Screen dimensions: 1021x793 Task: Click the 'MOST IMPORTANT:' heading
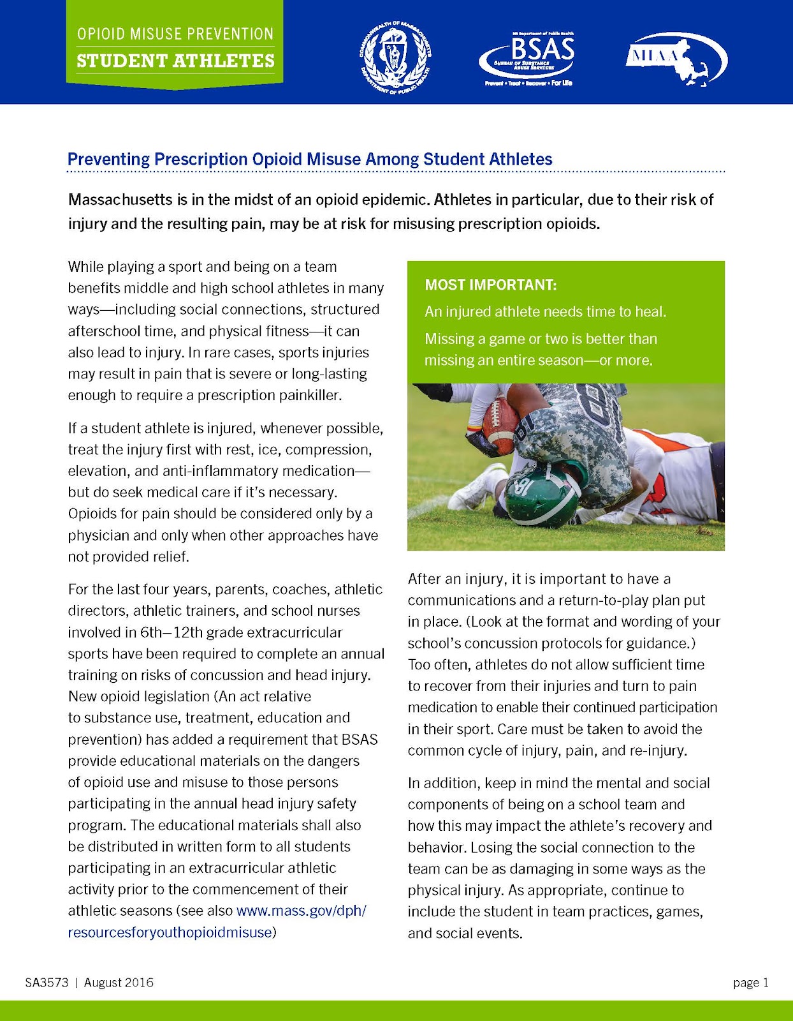click(491, 285)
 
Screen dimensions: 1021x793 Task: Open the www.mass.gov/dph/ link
click(301, 911)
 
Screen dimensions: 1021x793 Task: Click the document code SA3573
click(47, 982)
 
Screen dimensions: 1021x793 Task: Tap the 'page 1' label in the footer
click(751, 982)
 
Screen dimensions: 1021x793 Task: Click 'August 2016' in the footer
click(119, 982)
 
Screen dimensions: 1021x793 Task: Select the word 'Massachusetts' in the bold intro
click(120, 200)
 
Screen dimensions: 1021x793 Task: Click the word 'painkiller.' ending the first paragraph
click(310, 395)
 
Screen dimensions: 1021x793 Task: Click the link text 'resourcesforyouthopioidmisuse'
click(170, 932)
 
